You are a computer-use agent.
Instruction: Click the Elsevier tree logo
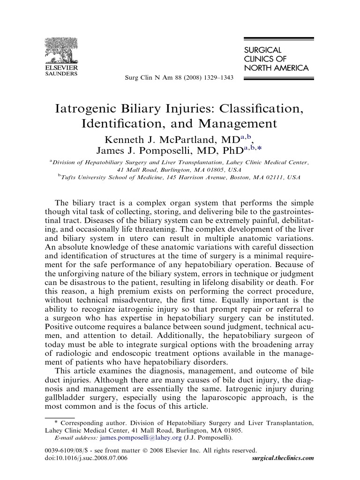coord(61,50)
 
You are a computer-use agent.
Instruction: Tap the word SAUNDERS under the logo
coord(61,74)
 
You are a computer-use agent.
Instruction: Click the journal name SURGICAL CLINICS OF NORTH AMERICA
coord(276,59)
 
